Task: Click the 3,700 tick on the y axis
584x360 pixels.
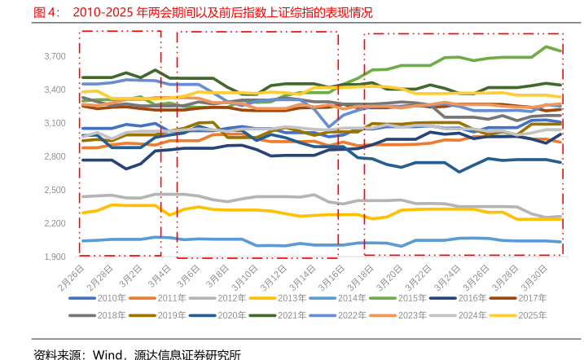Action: coord(55,56)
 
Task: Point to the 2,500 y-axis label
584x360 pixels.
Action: coord(55,190)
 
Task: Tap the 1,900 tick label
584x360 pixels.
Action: coord(55,257)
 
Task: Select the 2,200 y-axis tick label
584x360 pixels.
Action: coord(55,224)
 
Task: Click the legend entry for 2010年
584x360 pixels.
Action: coord(112,298)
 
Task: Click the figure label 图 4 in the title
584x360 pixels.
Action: coord(44,14)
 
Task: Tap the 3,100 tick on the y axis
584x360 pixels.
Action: coord(55,123)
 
